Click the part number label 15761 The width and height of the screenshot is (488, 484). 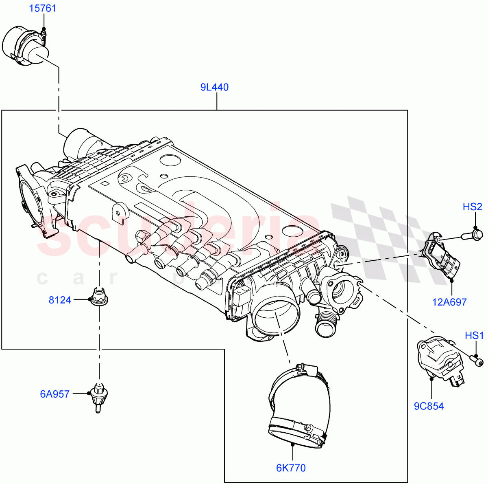(43, 9)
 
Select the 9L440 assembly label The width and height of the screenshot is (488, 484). (214, 87)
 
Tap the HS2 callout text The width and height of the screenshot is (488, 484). (472, 207)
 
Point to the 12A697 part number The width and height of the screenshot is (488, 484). (449, 302)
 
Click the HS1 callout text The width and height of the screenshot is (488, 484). (474, 336)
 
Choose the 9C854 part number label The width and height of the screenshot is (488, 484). (429, 406)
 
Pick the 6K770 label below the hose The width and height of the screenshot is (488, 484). (291, 468)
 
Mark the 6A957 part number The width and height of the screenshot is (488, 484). (54, 394)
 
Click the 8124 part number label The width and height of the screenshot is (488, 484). (60, 300)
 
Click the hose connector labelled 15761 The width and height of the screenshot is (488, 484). (25, 45)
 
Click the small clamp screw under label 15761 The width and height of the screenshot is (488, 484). (44, 31)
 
